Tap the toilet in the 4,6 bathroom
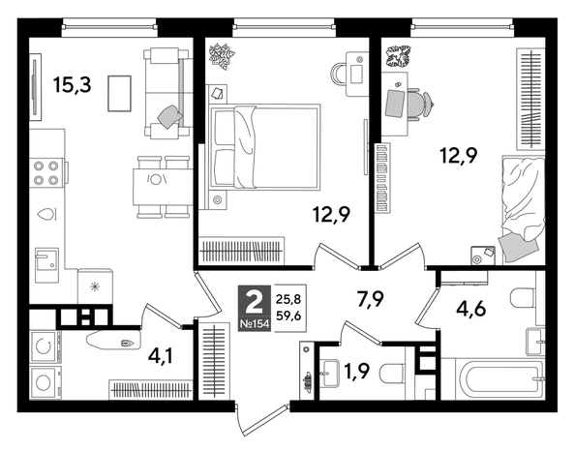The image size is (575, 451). pos(522,299)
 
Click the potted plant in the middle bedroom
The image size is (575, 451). pos(222,54)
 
